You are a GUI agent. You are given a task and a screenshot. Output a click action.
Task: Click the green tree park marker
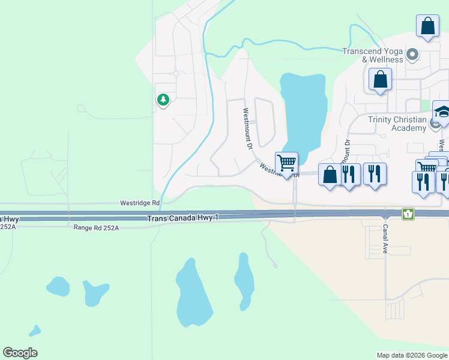coord(163,100)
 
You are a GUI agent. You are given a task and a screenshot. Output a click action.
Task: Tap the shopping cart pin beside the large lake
coord(287,163)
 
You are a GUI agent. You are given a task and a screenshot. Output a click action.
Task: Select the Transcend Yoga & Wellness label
coord(373,55)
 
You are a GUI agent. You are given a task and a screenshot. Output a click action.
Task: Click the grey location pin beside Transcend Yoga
coord(412,56)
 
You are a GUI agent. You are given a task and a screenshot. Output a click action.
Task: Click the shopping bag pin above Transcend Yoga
coord(427,26)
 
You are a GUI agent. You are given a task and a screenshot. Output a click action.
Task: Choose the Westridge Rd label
coord(139,203)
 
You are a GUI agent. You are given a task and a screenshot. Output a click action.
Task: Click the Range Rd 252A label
coord(96,228)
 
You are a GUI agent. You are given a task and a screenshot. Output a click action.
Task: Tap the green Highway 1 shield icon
coord(408,213)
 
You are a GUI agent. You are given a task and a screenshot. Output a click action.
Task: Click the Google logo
coord(20,353)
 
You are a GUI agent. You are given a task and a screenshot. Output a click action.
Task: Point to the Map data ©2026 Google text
coord(412,355)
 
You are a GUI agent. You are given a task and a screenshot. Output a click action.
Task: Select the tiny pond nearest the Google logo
coord(35,331)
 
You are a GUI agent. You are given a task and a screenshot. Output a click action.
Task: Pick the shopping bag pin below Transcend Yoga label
coord(380,80)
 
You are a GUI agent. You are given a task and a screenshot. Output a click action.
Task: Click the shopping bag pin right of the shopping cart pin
coord(330,175)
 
